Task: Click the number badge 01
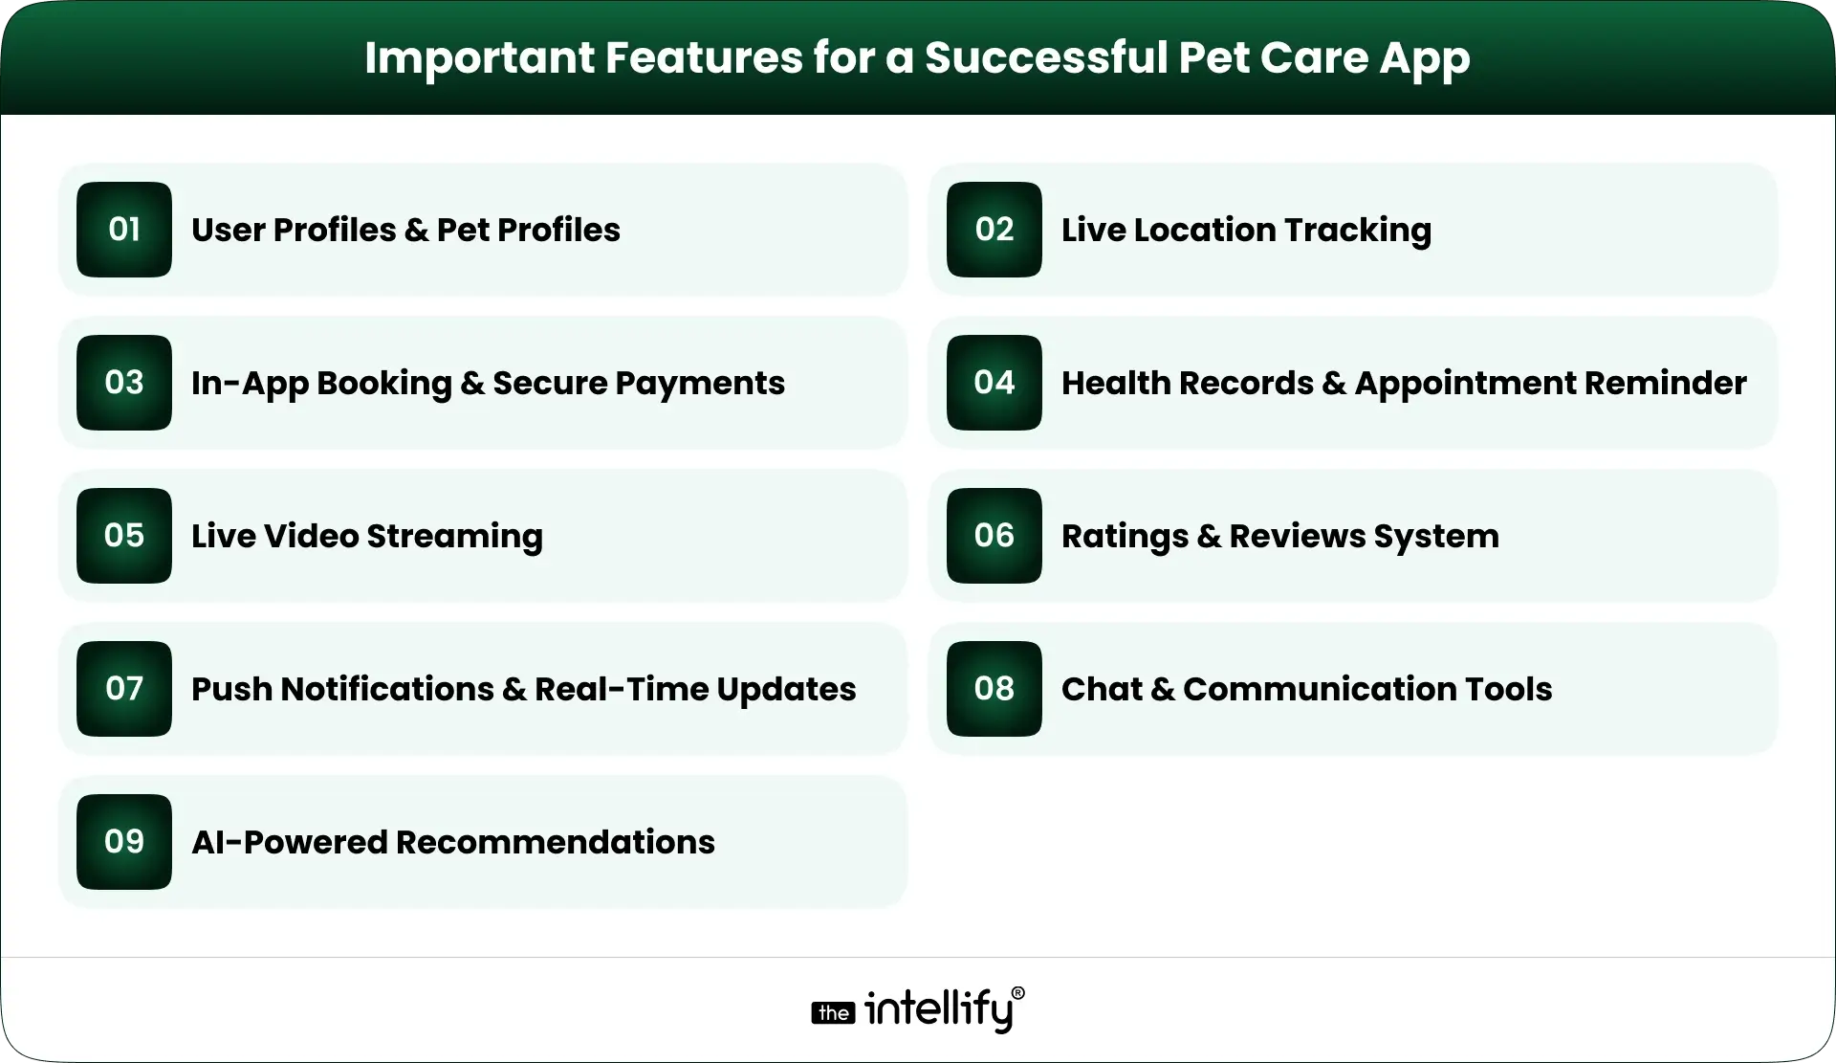click(124, 230)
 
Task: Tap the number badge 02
click(994, 230)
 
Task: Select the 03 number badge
click(124, 383)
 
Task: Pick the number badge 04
click(994, 383)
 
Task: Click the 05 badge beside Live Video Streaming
click(124, 536)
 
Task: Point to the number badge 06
click(994, 536)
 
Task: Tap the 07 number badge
click(124, 689)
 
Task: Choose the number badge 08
click(994, 689)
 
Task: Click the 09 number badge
click(124, 842)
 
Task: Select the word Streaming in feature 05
click(454, 537)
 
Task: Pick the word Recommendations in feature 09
click(555, 842)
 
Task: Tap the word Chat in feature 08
click(1102, 689)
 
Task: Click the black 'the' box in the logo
click(833, 1013)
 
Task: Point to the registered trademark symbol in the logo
click(1017, 994)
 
